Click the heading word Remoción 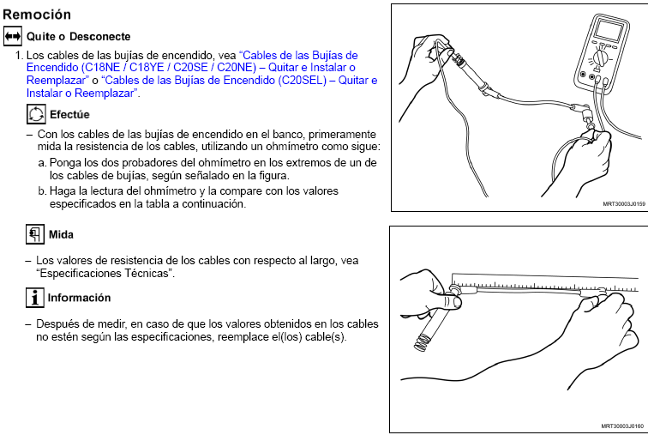click(x=37, y=15)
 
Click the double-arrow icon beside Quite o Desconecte click(x=13, y=36)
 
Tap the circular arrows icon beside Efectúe click(x=36, y=114)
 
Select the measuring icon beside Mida click(x=35, y=234)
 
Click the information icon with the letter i click(x=35, y=298)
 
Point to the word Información click(x=79, y=298)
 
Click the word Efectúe click(x=69, y=114)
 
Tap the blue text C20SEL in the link click(x=300, y=80)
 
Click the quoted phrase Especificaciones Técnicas click(x=105, y=274)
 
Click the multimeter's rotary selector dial click(x=600, y=58)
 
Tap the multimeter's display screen click(x=609, y=31)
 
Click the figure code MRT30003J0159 click(x=624, y=204)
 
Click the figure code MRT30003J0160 click(x=622, y=426)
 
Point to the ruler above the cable click(x=544, y=282)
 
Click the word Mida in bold click(x=61, y=234)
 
